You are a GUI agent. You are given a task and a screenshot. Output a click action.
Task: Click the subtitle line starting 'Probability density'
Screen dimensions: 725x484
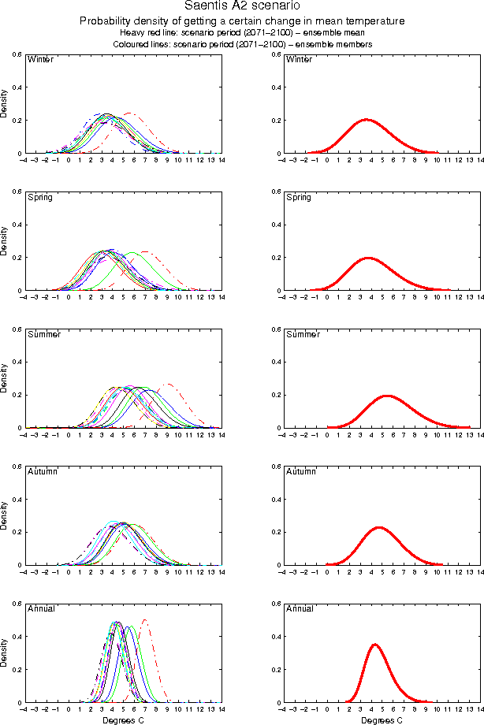click(242, 20)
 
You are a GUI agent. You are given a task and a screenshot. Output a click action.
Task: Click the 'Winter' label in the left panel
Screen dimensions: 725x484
click(40, 60)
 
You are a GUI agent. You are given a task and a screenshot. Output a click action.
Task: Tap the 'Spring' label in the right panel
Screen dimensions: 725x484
click(299, 197)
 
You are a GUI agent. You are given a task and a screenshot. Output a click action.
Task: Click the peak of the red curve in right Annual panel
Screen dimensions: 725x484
click(375, 645)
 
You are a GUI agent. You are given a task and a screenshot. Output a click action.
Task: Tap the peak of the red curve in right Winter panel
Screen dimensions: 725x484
click(366, 120)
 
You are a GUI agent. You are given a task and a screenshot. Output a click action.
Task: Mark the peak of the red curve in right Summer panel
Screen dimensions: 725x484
click(387, 396)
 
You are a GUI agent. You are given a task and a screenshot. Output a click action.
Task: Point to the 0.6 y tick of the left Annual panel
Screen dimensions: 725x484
click(17, 604)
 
